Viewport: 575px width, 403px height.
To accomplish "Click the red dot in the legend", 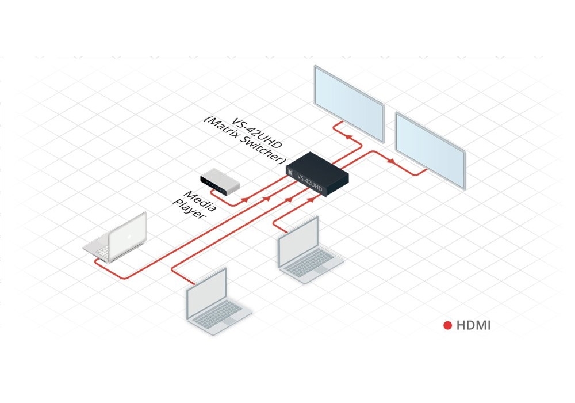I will (447, 326).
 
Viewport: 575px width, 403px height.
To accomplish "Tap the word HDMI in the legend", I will (473, 326).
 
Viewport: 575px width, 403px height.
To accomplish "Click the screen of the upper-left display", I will (349, 102).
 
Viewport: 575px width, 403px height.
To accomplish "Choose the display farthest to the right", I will (430, 149).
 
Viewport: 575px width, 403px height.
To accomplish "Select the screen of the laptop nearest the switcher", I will (298, 242).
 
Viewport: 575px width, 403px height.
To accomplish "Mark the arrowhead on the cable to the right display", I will (392, 161).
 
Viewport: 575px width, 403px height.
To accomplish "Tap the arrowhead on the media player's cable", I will (246, 199).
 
